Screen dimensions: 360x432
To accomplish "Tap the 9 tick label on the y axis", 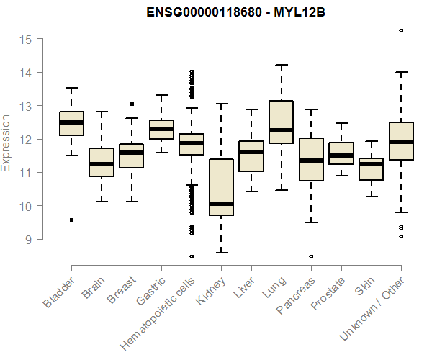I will [x=29, y=239].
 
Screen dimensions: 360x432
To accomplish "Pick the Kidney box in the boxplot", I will [x=221, y=187].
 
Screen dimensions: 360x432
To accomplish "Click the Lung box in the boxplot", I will [x=281, y=122].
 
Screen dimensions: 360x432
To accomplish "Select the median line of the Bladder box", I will [x=71, y=122].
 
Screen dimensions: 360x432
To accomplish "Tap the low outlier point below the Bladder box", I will [x=71, y=220].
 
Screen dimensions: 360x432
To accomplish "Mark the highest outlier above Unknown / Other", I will [x=401, y=30].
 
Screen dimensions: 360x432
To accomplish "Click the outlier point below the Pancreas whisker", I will [x=311, y=256].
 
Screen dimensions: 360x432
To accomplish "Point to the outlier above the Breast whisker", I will [x=131, y=104].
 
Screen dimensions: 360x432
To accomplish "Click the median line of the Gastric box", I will [x=161, y=129].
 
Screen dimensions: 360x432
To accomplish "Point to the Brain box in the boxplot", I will [x=102, y=162].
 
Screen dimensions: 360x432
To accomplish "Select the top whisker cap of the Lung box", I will [x=281, y=65].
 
